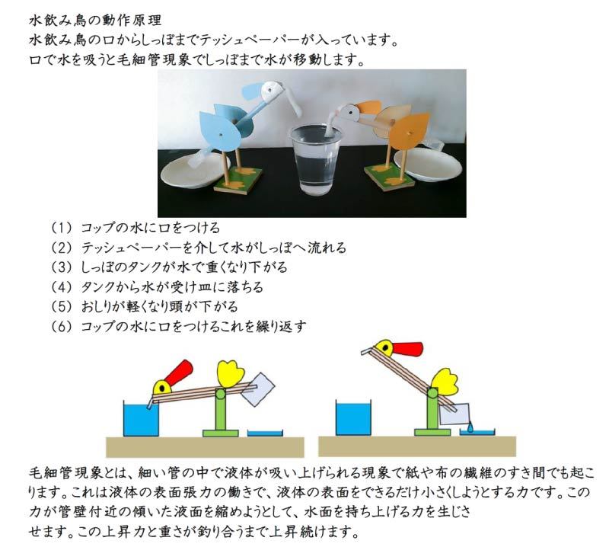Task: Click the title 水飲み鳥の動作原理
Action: click(x=95, y=20)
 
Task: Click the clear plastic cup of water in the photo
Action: click(x=316, y=159)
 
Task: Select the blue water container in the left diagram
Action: click(x=142, y=419)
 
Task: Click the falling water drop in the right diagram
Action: click(x=470, y=427)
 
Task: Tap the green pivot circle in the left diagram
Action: click(x=220, y=394)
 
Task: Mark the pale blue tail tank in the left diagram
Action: click(x=257, y=390)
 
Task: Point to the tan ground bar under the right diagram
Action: click(x=417, y=446)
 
